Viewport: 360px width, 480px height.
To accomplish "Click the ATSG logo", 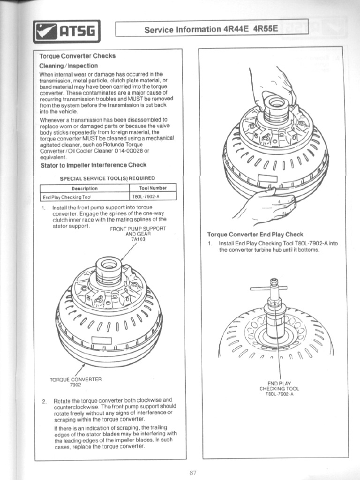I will pos(67,32).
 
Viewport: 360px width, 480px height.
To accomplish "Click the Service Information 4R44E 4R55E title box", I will pos(211,29).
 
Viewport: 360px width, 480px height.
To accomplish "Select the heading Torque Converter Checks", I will pos(77,56).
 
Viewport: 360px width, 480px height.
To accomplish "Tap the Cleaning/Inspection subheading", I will pos(68,66).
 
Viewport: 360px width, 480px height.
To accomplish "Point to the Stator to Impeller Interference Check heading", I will pos(93,165).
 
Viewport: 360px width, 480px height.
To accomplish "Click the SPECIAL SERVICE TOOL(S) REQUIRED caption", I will pos(107,178).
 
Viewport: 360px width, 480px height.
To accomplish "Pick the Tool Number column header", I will pos(153,188).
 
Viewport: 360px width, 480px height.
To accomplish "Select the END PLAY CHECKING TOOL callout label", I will pos(279,388).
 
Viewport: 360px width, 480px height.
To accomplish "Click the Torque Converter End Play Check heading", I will pos(255,234).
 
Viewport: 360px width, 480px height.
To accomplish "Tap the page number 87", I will pos(193,472).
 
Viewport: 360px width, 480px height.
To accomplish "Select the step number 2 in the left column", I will pos(44,401).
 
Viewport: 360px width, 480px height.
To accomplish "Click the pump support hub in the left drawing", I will pos(109,270).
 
